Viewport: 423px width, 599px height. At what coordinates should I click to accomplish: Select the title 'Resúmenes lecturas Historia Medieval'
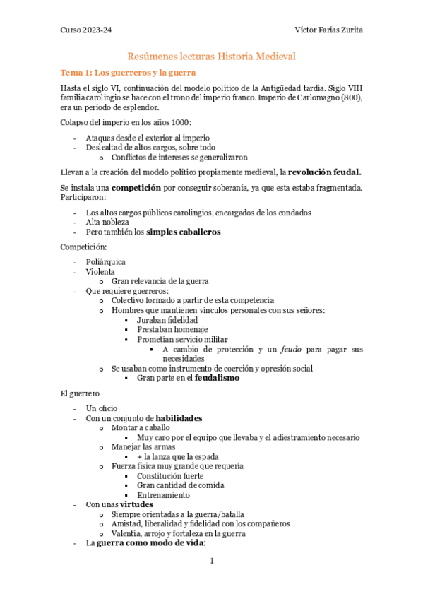[211, 55]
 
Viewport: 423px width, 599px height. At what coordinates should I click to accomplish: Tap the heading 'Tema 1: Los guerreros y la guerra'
[128, 73]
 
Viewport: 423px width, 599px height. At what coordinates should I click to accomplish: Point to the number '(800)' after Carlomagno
[351, 97]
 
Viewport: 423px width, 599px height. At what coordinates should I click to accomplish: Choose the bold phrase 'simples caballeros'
[183, 232]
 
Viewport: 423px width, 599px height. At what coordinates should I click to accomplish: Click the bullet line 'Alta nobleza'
[107, 222]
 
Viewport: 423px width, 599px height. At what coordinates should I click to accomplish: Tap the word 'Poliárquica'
[106, 261]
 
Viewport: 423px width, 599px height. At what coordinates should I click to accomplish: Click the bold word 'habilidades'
[179, 418]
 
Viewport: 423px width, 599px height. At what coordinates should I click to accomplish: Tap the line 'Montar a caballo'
[141, 428]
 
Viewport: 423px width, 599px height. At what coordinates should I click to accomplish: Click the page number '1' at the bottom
[211, 561]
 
